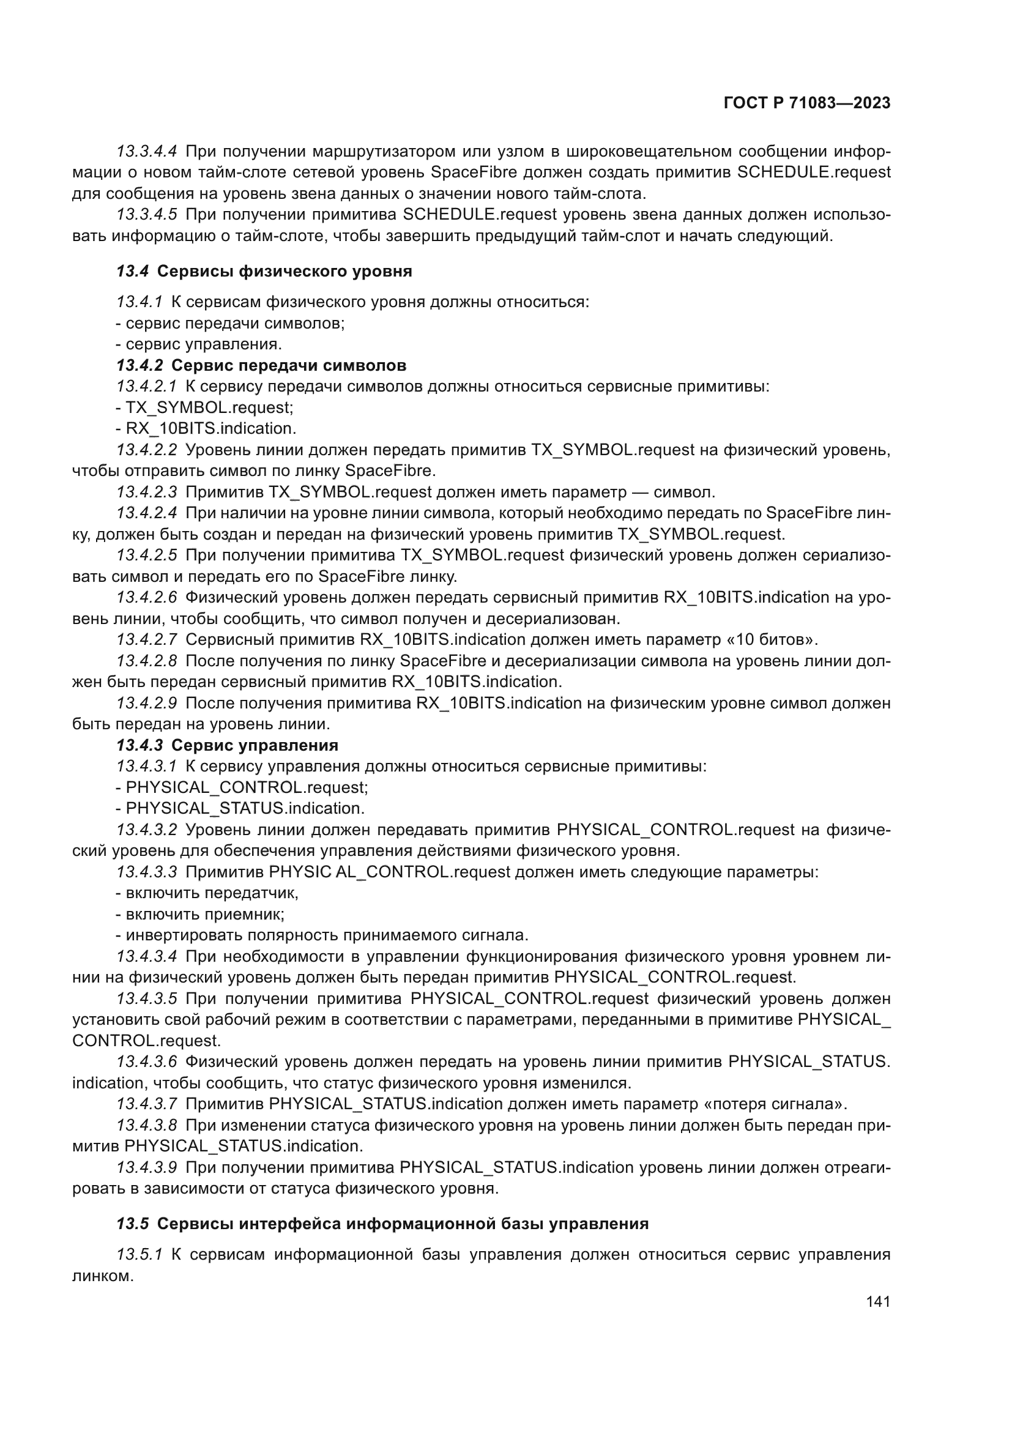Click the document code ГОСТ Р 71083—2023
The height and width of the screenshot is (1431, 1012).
tap(806, 103)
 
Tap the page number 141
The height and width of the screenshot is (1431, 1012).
tap(877, 1301)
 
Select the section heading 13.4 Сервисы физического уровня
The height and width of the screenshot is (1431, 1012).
tap(264, 271)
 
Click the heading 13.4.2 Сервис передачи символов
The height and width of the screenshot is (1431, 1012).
tap(261, 365)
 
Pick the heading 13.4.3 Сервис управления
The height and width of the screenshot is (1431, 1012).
tap(228, 745)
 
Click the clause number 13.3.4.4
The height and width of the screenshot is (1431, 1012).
tap(146, 152)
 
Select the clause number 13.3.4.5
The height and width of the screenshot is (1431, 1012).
tap(146, 215)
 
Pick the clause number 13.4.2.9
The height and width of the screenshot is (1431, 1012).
tap(146, 703)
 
